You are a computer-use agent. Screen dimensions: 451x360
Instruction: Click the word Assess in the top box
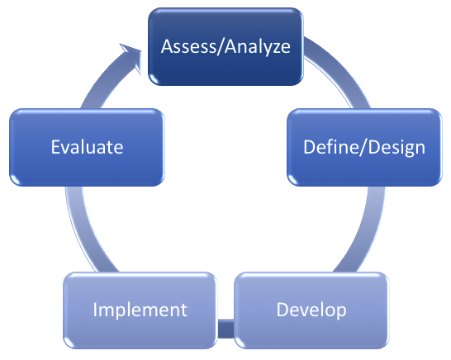click(188, 46)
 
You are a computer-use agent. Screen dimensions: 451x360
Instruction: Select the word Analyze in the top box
click(258, 47)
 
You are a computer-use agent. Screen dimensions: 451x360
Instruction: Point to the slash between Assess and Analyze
click(221, 46)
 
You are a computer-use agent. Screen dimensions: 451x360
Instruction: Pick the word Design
click(396, 148)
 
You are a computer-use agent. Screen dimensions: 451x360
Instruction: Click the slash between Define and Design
click(363, 147)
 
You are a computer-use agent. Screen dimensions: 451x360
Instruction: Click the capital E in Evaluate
click(55, 147)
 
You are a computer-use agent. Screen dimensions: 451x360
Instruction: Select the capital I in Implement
click(95, 310)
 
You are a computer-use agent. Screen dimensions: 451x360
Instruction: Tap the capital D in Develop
click(283, 310)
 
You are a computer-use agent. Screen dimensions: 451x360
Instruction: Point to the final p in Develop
click(341, 312)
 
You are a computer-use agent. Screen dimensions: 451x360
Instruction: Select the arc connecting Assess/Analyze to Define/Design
click(339, 71)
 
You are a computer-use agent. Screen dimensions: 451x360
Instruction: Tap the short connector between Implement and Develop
click(225, 329)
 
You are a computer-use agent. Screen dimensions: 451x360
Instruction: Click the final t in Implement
click(183, 310)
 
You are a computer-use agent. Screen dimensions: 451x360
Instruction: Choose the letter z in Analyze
click(275, 49)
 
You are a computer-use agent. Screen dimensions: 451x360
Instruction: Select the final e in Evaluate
click(118, 149)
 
